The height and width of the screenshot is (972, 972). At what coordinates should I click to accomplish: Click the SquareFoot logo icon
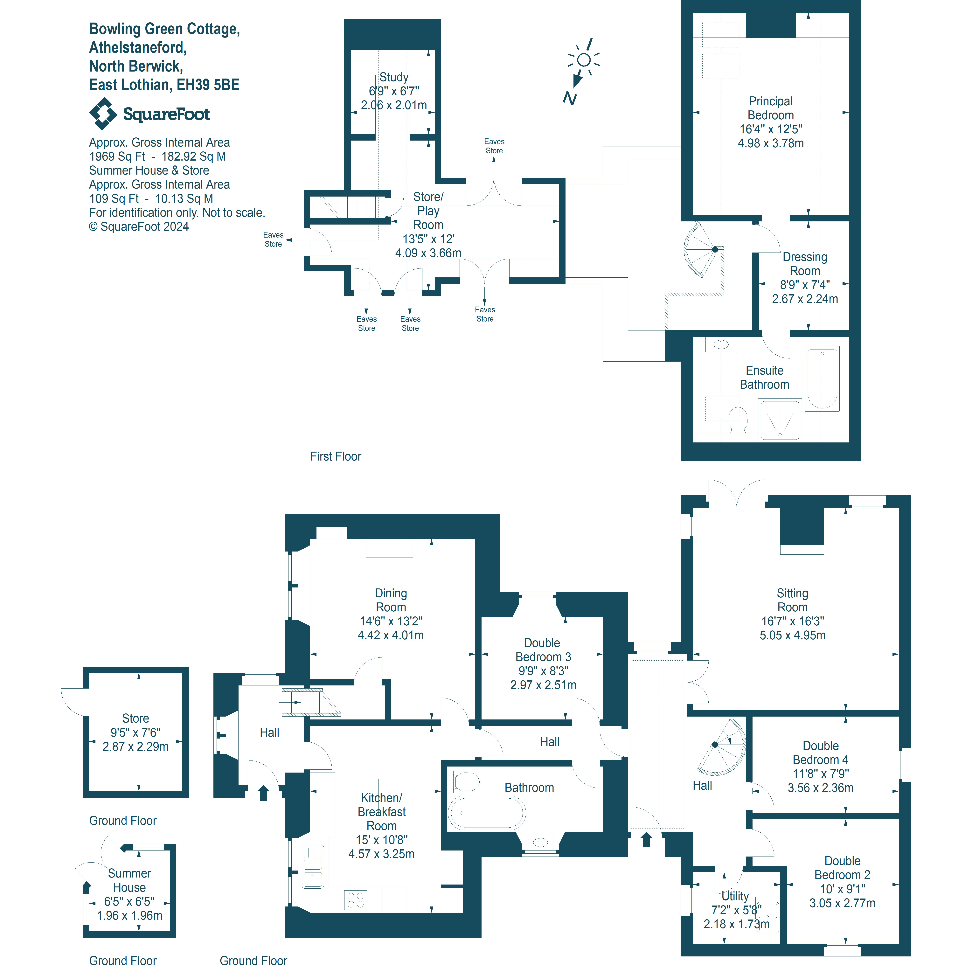coord(103,114)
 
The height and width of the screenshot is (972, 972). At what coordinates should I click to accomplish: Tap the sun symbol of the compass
coord(584,60)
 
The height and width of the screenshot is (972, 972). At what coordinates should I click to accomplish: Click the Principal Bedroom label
coord(770,108)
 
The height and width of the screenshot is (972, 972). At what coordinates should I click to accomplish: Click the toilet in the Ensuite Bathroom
coord(738,419)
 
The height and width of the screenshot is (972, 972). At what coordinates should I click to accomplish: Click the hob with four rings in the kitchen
coord(356,900)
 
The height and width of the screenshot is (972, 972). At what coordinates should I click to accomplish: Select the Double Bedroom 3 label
coord(543,650)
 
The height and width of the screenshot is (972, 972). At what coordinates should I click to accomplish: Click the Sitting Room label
coord(792,600)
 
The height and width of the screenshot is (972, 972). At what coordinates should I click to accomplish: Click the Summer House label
coord(129,880)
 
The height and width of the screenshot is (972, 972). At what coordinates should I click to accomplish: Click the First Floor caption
coord(336,456)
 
